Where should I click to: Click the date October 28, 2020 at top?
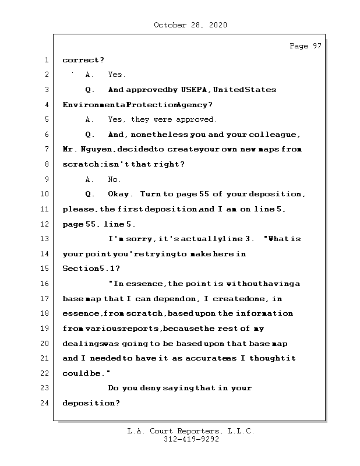pyautogui.click(x=190, y=25)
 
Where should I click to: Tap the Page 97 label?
pyautogui.click(x=305, y=46)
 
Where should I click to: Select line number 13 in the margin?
pyautogui.click(x=46, y=239)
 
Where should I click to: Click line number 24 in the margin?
pyautogui.click(x=46, y=403)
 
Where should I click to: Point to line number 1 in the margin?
pyautogui.click(x=46, y=60)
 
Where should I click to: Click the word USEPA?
pyautogui.click(x=195, y=90)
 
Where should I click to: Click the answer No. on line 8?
pyautogui.click(x=115, y=179)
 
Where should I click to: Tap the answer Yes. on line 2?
pyautogui.click(x=117, y=75)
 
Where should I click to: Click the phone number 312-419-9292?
pyautogui.click(x=191, y=440)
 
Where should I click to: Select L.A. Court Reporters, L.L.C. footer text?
pyautogui.click(x=190, y=431)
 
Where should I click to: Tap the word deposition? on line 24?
pyautogui.click(x=91, y=403)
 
